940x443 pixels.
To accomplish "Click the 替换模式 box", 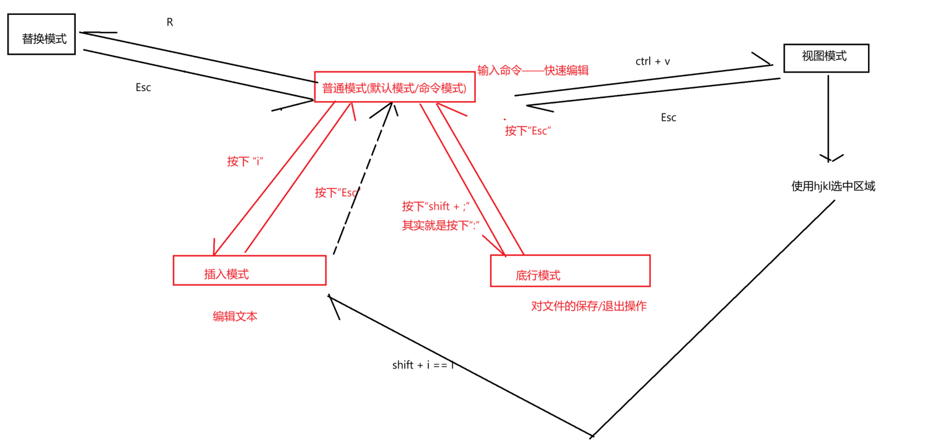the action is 41,35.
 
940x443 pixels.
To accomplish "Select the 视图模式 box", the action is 826,58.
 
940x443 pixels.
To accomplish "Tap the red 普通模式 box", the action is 395,87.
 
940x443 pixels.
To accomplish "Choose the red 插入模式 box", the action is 249,270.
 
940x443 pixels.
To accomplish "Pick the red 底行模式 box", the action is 570,271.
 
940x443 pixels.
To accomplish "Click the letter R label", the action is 170,22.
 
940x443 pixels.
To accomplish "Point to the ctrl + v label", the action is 652,62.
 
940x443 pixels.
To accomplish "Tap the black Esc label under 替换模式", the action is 143,88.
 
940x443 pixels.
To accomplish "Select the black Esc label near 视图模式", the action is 668,118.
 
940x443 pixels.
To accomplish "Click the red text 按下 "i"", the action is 245,161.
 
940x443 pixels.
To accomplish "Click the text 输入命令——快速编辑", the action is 533,71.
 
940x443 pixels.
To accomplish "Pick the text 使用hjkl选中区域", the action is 833,186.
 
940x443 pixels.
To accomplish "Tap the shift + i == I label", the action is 423,365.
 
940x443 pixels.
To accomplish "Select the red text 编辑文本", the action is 235,316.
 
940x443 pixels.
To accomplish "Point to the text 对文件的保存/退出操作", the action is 589,306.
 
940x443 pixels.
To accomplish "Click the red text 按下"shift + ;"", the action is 435,206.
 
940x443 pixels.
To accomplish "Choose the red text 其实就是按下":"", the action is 440,225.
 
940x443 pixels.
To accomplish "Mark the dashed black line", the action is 362,180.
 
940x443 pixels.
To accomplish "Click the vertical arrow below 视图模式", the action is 828,117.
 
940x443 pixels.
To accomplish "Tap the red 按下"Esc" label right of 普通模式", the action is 528,131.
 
